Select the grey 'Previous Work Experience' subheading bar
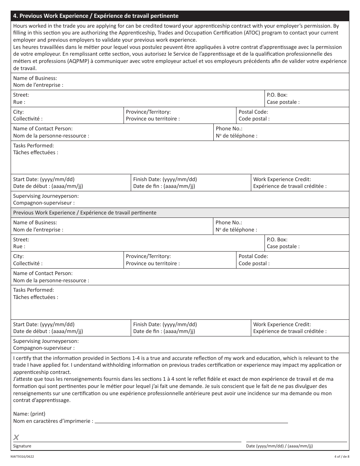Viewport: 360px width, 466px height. click(85, 213)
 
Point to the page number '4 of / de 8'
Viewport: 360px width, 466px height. click(342, 457)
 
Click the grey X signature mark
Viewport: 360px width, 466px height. click(16, 438)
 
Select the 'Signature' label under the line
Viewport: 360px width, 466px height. click(22, 446)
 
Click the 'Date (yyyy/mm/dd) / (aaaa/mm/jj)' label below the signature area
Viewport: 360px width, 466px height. click(280, 446)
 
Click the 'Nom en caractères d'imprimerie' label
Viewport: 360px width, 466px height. click(53, 421)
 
